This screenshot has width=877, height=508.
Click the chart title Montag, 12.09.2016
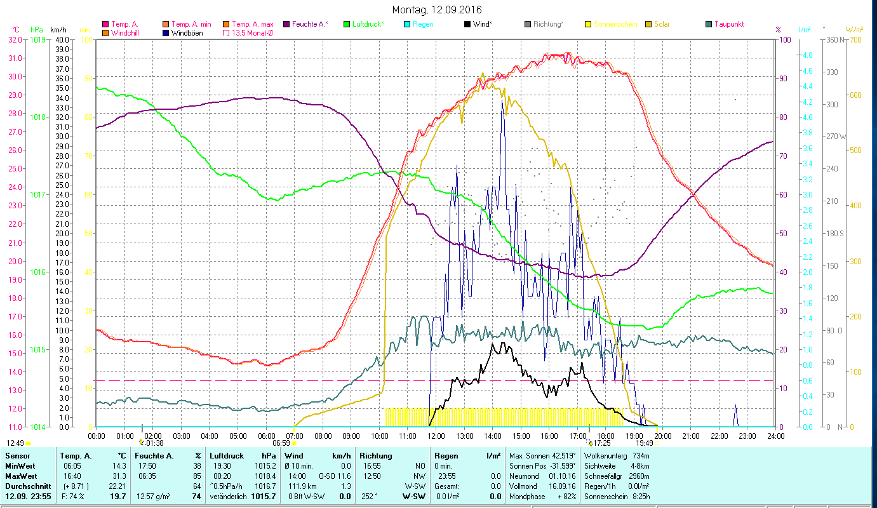tap(437, 10)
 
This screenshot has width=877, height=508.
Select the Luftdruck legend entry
tap(363, 24)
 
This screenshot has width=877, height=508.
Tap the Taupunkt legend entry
tap(728, 24)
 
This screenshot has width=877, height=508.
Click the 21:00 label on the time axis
tap(691, 436)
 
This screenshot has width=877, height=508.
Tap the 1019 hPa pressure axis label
tap(38, 39)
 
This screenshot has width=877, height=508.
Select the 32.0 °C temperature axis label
tap(16, 39)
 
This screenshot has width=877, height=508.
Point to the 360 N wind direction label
tap(834, 39)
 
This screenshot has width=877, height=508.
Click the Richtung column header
tap(375, 455)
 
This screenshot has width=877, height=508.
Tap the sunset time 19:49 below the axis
tap(644, 443)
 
